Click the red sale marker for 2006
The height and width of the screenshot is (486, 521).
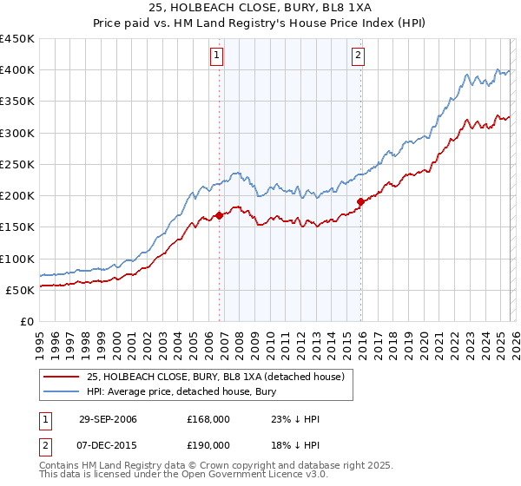pos(219,216)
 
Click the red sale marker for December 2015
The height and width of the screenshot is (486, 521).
pos(360,202)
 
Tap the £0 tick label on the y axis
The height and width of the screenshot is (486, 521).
pos(26,321)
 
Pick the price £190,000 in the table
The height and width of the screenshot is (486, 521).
pos(208,444)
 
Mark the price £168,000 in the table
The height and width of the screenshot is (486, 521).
pos(208,419)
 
